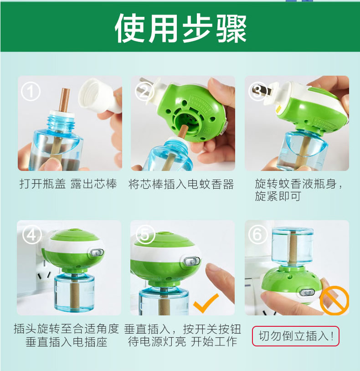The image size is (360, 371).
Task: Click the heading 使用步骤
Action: tap(181, 28)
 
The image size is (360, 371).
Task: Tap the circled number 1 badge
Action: tap(31, 92)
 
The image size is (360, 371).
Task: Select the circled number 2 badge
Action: tap(144, 92)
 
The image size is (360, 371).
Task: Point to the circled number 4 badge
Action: tap(32, 235)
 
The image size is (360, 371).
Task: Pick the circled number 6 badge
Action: tap(257, 235)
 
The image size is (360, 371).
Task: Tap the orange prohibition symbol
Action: tap(334, 300)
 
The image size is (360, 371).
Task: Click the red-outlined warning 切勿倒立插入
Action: tap(296, 336)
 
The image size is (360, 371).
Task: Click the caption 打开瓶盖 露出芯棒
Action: tap(68, 184)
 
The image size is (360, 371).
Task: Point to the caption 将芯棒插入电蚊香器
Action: tap(181, 184)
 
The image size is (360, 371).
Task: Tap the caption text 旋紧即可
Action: tap(278, 196)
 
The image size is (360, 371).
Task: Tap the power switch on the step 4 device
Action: tap(97, 252)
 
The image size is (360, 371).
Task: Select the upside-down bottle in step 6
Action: tap(293, 247)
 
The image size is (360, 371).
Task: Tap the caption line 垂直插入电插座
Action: tap(67, 342)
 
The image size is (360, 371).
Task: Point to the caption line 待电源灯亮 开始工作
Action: tap(182, 342)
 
